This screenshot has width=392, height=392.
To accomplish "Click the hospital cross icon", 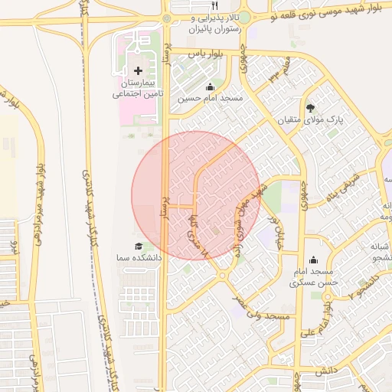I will pos(138,70).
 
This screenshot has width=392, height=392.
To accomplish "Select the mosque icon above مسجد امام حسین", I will pos(210,87).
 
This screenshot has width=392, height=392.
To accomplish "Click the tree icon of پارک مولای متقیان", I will pos(310,108).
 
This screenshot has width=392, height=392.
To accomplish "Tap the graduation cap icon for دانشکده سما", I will pos(138,247).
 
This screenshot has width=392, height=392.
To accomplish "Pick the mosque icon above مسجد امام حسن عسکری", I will pos(312,260).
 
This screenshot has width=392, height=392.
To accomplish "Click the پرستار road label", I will pos(162,207).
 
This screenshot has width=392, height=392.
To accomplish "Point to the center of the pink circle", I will pos(196,195).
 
